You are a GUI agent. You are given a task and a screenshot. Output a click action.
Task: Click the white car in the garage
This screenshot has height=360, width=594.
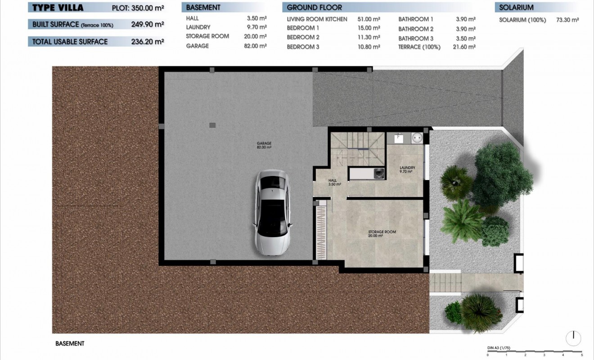(x=272, y=212)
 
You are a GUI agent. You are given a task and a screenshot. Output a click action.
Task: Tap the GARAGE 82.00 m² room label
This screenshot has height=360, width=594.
(x=264, y=145)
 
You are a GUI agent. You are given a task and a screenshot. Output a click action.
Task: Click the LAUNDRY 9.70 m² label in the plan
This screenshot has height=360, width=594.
(x=407, y=170)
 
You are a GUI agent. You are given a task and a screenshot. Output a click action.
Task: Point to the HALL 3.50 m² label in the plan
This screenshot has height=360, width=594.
(x=334, y=182)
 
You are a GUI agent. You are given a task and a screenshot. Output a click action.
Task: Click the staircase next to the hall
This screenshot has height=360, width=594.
(x=358, y=148)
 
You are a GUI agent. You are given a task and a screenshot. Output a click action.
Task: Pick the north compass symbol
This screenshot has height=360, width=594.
(x=573, y=338)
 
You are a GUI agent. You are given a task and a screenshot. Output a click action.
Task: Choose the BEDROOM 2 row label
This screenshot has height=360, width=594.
(x=303, y=37)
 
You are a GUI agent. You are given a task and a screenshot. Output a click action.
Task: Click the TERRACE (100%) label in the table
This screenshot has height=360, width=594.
(x=419, y=47)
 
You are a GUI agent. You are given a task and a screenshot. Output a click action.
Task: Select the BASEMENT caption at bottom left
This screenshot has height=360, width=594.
(x=70, y=343)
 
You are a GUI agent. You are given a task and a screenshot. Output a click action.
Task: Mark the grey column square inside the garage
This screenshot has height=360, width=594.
(x=212, y=125)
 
